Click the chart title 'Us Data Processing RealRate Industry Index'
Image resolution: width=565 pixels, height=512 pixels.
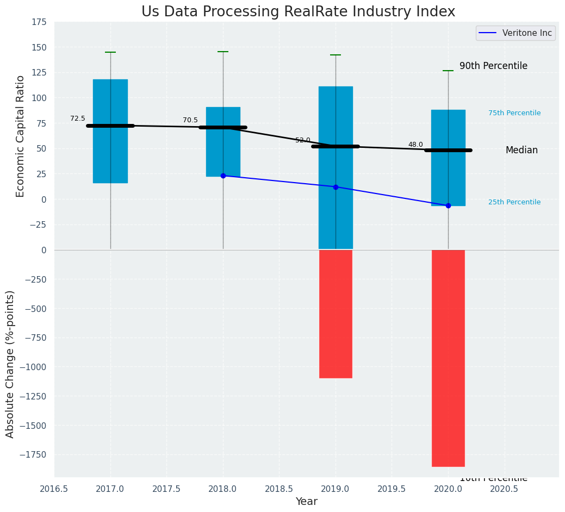click(298, 12)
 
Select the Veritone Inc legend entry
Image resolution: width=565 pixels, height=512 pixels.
click(515, 33)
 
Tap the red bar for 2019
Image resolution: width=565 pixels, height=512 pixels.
click(336, 314)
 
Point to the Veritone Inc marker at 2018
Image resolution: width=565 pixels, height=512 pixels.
click(223, 176)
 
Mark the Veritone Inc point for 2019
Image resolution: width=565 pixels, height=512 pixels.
click(336, 187)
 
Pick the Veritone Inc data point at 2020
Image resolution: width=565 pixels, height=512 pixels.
click(448, 205)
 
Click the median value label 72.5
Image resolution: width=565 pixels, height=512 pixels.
click(78, 118)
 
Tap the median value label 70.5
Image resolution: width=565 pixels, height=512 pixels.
click(190, 120)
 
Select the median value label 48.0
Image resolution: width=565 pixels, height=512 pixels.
click(415, 145)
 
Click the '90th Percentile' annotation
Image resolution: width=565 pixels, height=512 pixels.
click(493, 66)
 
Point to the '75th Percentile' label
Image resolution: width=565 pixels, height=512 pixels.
click(514, 113)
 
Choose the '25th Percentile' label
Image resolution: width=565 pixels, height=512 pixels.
click(514, 202)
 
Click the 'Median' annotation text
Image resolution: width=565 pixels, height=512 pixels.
click(521, 150)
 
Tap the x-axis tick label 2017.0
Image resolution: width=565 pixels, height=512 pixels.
click(110, 489)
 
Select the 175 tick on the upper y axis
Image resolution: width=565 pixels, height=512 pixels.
click(39, 22)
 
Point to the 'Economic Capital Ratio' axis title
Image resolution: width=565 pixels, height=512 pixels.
click(21, 136)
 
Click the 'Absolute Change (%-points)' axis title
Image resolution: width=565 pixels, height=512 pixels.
click(10, 364)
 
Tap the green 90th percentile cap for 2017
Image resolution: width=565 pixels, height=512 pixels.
click(110, 52)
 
